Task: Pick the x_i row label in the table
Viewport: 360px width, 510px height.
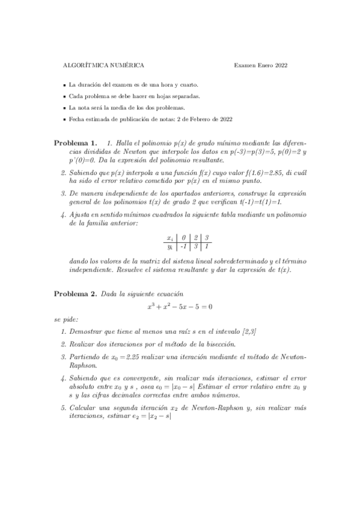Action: tap(170, 238)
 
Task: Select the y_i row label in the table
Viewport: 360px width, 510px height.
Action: tap(170, 247)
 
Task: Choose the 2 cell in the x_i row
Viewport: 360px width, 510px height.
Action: tap(195, 238)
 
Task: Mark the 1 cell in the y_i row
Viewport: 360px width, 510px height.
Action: tap(206, 247)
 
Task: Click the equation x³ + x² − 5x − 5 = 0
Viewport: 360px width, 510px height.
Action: tap(180, 306)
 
